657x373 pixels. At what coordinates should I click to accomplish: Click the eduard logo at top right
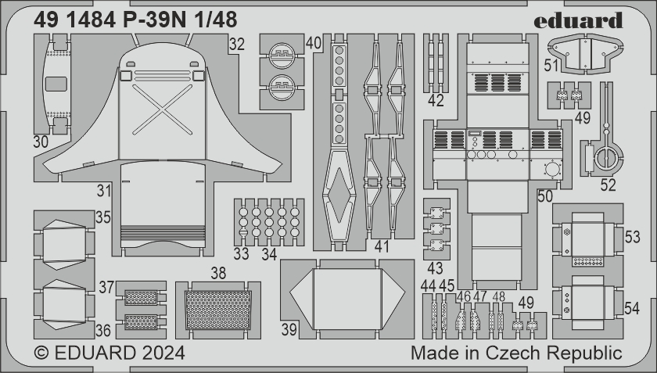click(578, 20)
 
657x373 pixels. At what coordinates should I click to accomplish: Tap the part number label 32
click(237, 44)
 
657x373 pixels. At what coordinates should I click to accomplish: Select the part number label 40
click(314, 43)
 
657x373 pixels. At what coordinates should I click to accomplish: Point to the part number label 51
click(552, 66)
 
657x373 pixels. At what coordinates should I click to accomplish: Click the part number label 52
click(608, 185)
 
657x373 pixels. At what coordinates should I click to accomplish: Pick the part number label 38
click(218, 273)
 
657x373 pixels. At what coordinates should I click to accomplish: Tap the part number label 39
click(289, 330)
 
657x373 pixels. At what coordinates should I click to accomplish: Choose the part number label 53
click(632, 237)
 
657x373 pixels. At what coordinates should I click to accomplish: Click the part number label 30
click(41, 142)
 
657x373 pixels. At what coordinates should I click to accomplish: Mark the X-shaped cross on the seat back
click(162, 109)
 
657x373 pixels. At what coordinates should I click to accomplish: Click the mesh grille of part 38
click(218, 310)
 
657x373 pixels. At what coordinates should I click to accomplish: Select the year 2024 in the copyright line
click(163, 353)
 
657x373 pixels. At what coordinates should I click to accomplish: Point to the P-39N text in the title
click(154, 20)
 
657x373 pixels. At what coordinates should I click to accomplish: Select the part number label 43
click(435, 268)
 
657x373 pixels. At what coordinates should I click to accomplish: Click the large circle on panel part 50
click(552, 170)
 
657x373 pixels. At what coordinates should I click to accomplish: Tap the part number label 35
click(103, 217)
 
